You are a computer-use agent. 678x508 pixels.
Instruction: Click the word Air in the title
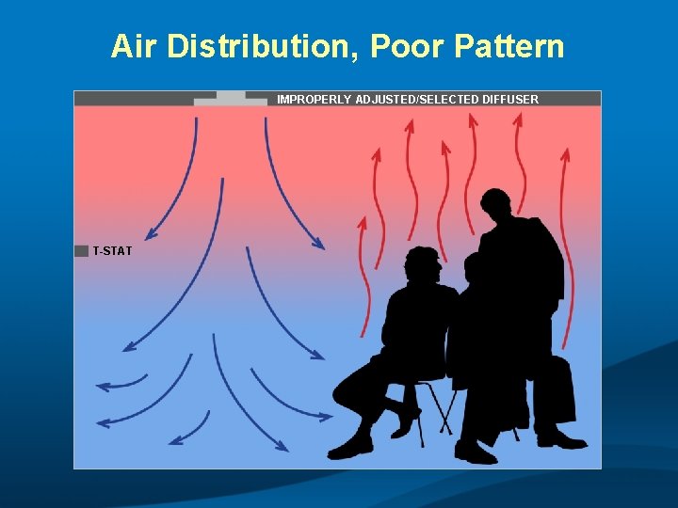[x=135, y=45]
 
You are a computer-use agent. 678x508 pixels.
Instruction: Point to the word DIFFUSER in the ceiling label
[x=510, y=99]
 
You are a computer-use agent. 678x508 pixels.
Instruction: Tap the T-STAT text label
[x=112, y=251]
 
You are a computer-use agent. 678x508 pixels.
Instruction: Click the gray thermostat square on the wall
[x=81, y=250]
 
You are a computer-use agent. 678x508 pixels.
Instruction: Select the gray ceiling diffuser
[x=231, y=98]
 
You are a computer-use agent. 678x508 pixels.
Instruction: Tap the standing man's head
[x=497, y=208]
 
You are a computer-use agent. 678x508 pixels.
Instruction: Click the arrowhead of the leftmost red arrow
[x=362, y=221]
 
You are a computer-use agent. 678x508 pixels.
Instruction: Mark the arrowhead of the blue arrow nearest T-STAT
[x=150, y=236]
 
